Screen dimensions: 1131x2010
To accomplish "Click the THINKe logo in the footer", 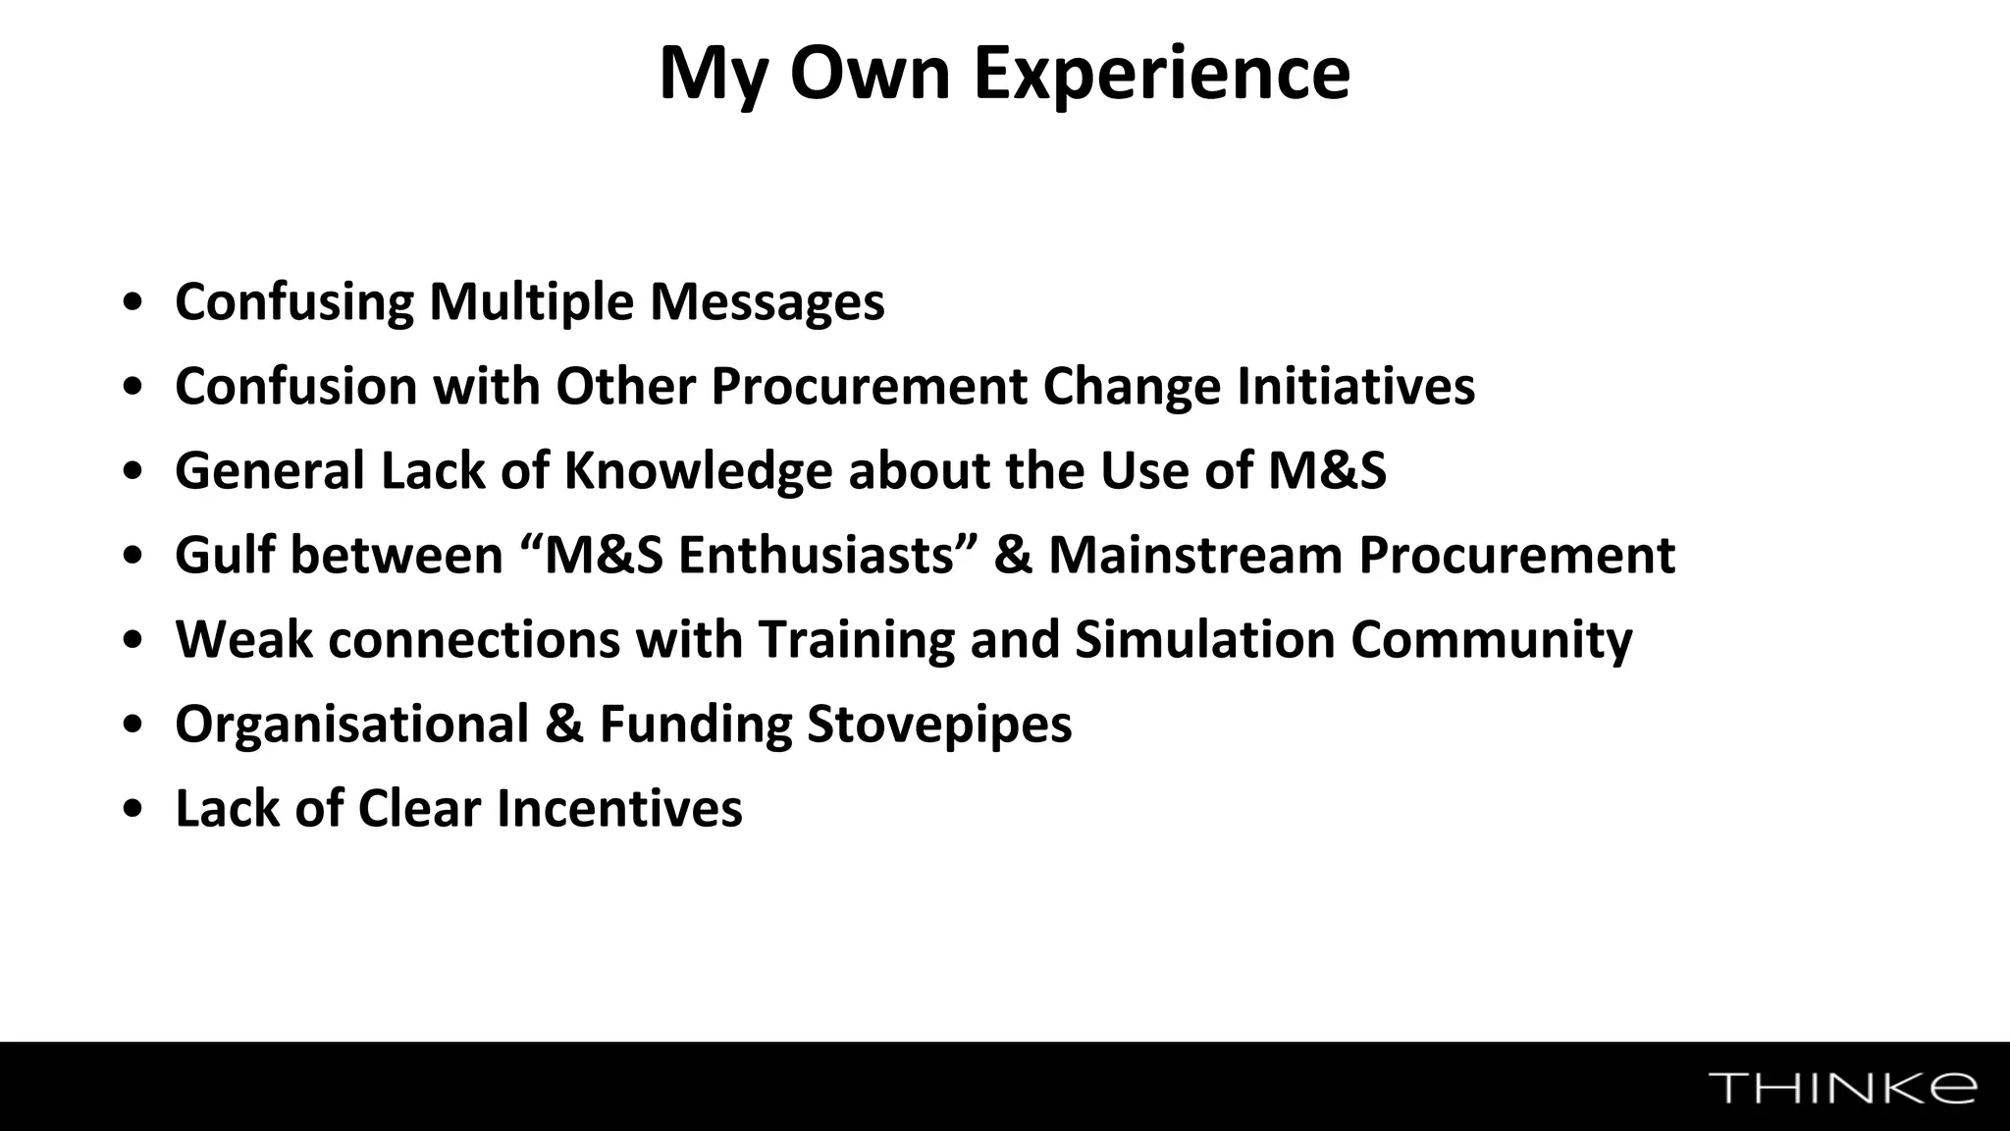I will coord(1842,1088).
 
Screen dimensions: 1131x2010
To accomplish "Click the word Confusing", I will coord(294,301).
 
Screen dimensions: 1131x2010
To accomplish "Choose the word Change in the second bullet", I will coord(1131,386).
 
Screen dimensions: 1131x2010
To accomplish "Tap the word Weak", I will coord(244,639).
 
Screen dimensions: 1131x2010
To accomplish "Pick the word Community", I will coord(1491,639).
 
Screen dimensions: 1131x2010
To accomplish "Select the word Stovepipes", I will coord(938,724).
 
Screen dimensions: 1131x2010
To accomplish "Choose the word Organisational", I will coord(352,724).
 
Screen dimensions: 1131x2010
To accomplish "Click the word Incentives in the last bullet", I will coord(618,808).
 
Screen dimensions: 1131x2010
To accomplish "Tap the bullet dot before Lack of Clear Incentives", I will coord(133,810).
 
